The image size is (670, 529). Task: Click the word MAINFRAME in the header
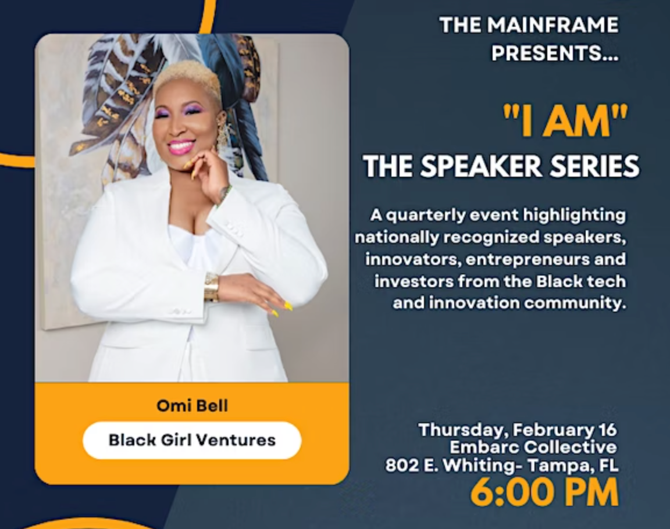pos(553,24)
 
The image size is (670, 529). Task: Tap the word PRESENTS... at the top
pos(555,53)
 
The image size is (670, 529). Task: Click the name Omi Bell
pos(193,406)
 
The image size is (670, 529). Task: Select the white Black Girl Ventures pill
pos(192,440)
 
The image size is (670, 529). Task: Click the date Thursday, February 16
pos(518,430)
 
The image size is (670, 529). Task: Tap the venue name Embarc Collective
pos(533,448)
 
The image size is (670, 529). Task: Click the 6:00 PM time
pos(544,492)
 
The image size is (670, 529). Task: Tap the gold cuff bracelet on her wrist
pos(212,287)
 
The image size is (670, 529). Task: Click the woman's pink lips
pos(181,147)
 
